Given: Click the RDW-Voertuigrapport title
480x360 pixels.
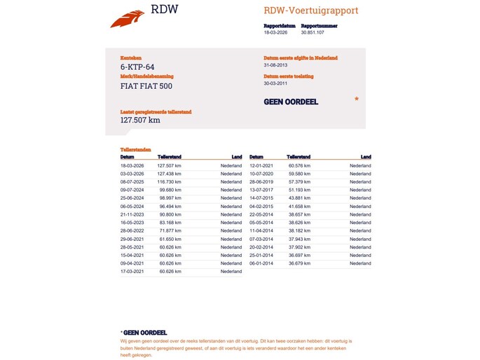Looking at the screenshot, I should tap(310, 11).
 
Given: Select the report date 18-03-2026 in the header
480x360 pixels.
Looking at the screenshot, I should tap(275, 32).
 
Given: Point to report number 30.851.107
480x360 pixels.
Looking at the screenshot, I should tap(313, 32).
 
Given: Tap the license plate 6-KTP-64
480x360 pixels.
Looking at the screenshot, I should tap(137, 67).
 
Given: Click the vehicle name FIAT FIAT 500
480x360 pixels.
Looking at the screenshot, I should tap(146, 86).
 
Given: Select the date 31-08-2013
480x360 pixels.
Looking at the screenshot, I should tap(275, 64).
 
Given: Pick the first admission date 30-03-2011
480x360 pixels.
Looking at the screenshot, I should tap(275, 83).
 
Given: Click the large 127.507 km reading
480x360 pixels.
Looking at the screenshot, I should tap(140, 120).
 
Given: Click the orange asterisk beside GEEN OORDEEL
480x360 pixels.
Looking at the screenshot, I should tap(357, 100).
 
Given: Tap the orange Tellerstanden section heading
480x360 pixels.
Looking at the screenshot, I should tap(135, 150).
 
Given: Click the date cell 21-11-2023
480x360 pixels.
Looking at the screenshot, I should tap(132, 214).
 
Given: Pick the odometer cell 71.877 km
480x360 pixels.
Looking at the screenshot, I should tap(171, 230).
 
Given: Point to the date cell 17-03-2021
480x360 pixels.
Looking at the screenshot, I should tap(132, 271).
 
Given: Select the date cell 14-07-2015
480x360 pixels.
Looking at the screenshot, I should tap(261, 198).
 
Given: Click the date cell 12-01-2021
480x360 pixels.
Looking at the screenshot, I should tap(261, 165).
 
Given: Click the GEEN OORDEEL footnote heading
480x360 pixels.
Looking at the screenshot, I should tap(145, 333).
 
